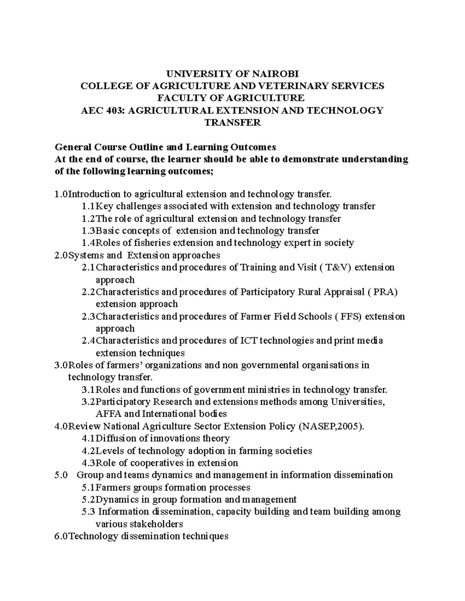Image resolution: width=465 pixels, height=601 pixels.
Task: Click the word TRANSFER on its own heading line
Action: click(232, 123)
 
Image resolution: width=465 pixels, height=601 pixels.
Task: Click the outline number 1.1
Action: click(89, 206)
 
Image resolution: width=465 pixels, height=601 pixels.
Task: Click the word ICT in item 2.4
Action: click(249, 341)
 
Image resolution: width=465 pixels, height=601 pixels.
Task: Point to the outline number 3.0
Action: click(61, 365)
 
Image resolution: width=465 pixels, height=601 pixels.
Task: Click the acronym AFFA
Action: click(108, 414)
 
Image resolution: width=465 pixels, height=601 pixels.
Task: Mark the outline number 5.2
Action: click(89, 500)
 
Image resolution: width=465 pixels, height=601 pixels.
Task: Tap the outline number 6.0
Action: click(61, 536)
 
